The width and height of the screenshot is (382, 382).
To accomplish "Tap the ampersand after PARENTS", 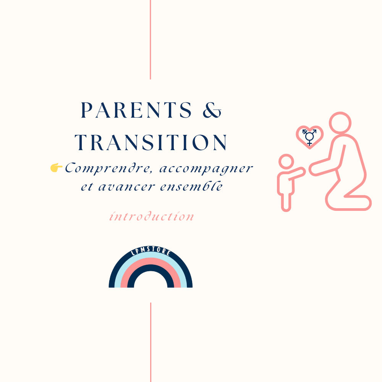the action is click(212, 110).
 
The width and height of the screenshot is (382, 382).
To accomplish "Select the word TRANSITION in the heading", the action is click(151, 142).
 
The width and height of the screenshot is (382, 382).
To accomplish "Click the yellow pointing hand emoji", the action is click(56, 168).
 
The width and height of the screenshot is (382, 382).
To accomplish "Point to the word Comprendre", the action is click(108, 168).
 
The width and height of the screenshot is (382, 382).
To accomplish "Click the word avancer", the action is click(126, 187).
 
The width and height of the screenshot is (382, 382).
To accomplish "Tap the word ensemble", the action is click(191, 186).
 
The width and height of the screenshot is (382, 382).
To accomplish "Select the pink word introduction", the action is click(152, 216).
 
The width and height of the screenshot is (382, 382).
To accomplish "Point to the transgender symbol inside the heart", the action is click(309, 137).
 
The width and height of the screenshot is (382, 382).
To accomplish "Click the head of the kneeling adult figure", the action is click(340, 123).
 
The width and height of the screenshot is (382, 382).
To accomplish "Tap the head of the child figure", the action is click(286, 162).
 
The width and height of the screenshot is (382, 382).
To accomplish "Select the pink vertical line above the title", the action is click(150, 40).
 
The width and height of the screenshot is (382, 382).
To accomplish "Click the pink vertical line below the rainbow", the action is click(151, 342).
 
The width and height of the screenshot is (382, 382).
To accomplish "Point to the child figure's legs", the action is click(286, 202).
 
